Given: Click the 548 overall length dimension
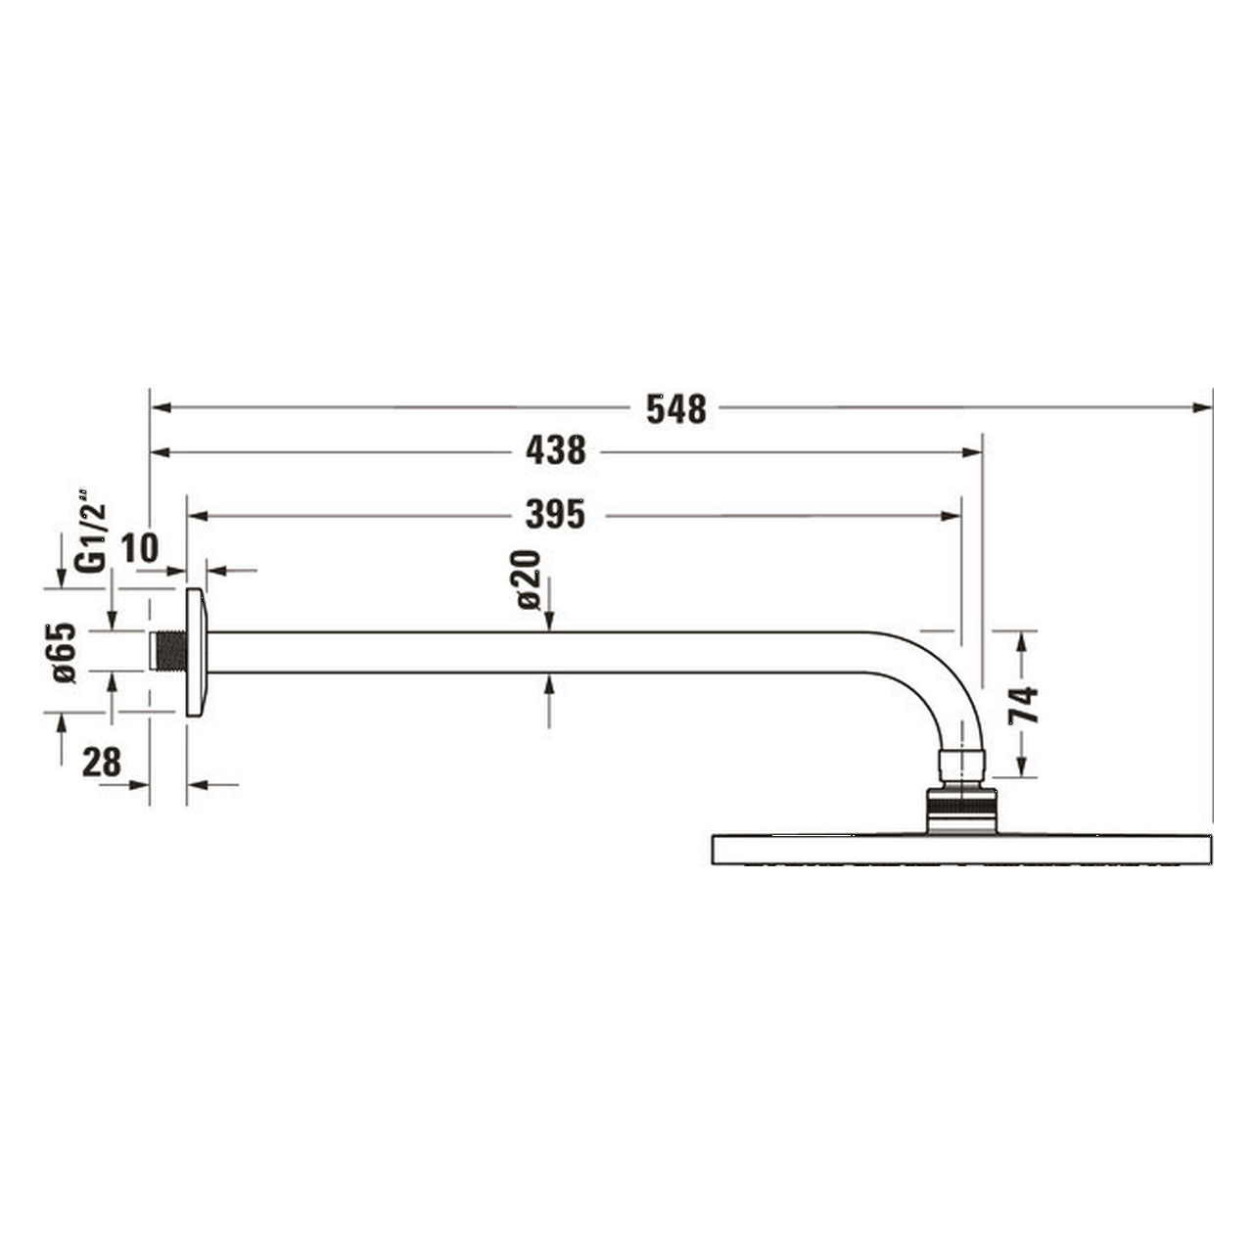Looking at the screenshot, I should [675, 409].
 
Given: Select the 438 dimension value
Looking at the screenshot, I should [555, 450].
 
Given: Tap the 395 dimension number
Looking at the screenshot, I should [555, 514].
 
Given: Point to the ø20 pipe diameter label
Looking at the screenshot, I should [529, 580].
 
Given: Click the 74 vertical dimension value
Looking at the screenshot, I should [1023, 705].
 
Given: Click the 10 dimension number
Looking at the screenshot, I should [139, 549].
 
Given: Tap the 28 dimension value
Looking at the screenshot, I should [101, 763].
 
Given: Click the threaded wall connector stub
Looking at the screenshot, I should [170, 652].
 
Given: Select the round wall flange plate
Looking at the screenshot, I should [195, 652].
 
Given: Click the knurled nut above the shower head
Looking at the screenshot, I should [960, 808].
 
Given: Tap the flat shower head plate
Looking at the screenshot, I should [960, 849].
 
